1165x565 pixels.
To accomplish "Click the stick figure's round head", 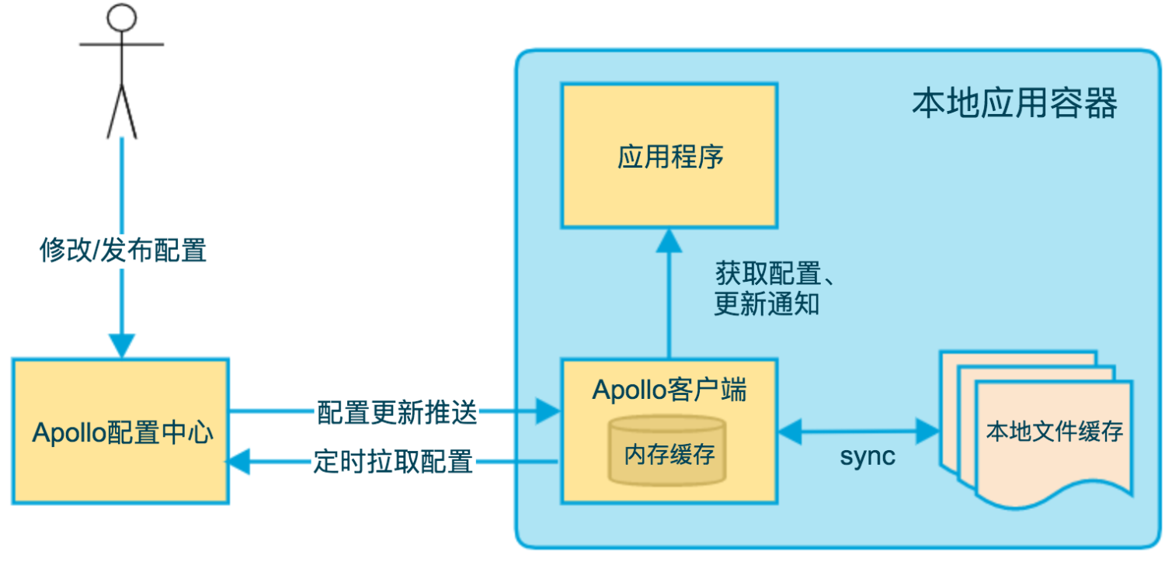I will click(121, 16).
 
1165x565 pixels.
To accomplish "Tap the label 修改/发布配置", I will click(123, 251).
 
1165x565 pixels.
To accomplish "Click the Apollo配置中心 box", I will click(120, 432).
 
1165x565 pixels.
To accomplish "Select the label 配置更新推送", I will click(397, 413).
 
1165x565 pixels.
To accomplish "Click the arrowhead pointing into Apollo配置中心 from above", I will click(122, 345).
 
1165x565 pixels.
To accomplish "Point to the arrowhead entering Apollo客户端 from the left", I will click(548, 413).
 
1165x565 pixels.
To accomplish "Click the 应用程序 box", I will click(669, 156).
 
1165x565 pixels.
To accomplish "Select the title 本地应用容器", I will click(1014, 104).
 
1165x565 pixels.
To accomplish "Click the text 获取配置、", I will click(774, 273).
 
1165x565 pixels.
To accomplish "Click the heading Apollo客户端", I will click(669, 390).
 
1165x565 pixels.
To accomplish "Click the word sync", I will click(867, 456).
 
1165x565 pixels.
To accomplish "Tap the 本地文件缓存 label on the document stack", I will click(1054, 432).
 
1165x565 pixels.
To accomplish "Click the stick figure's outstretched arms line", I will click(121, 44).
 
